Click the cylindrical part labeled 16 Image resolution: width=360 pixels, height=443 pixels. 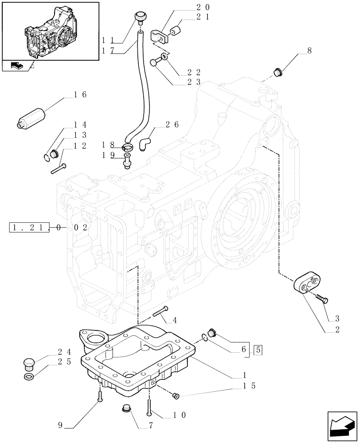click(x=32, y=118)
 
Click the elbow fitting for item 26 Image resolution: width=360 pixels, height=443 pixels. click(x=146, y=143)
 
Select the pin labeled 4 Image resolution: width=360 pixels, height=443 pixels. click(x=160, y=311)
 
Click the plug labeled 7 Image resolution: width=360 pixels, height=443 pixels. click(x=127, y=409)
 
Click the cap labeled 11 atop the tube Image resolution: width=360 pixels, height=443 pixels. click(x=141, y=18)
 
